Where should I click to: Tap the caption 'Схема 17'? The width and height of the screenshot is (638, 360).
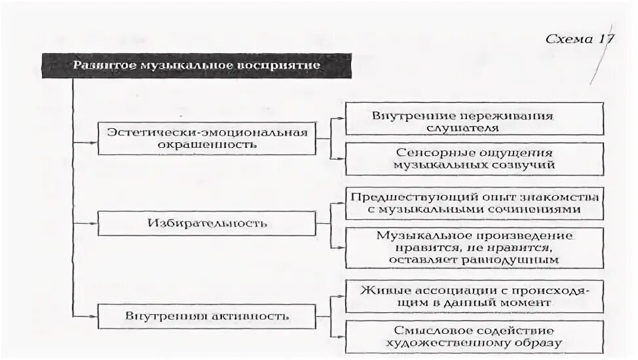579,39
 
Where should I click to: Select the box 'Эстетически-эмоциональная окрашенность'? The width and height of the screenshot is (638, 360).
206,137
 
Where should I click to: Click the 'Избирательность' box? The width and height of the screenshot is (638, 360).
206,223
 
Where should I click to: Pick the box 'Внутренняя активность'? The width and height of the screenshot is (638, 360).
206,316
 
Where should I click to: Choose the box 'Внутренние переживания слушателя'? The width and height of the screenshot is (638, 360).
474,122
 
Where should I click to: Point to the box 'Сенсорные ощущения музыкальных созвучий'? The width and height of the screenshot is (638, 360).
474,159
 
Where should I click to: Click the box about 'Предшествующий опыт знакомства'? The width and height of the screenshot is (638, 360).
474,204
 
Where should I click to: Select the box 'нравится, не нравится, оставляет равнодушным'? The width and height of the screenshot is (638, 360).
474,247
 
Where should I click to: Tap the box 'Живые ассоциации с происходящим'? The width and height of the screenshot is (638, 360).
474,296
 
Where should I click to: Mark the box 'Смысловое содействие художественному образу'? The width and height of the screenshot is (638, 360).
474,336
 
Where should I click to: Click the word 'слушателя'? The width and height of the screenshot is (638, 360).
473,128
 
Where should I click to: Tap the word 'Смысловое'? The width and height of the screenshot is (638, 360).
425,331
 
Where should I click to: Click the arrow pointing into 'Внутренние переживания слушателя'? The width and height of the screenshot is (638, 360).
341,118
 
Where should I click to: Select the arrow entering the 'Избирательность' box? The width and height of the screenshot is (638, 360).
93,223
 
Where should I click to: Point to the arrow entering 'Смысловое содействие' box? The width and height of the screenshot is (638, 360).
341,336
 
